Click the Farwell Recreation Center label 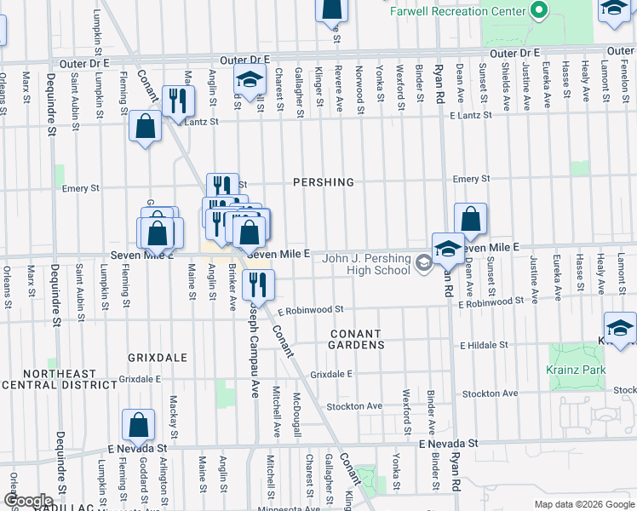point(456,11)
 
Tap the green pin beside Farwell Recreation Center point(537,11)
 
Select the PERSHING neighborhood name point(323,182)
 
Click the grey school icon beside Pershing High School point(423,262)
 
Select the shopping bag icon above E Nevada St point(138,423)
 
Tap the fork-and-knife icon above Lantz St point(178,99)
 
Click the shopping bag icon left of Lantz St point(146,126)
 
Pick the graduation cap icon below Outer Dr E point(250,82)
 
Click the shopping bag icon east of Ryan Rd point(470,218)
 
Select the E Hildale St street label point(484,346)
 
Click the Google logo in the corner point(28,501)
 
